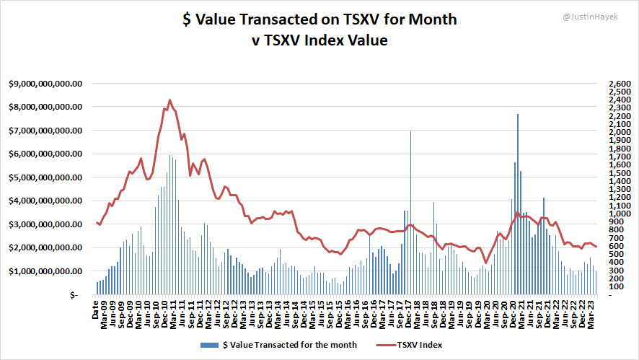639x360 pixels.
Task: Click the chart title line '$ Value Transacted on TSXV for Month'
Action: click(x=319, y=19)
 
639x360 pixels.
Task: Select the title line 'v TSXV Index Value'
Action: click(x=319, y=40)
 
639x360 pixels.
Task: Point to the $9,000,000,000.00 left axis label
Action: click(x=45, y=84)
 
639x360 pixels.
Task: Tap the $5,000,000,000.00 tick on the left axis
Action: click(x=45, y=177)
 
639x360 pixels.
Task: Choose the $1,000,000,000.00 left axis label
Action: click(x=45, y=271)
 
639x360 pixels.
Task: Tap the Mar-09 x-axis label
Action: click(x=105, y=315)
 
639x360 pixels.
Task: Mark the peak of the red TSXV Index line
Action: click(x=169, y=100)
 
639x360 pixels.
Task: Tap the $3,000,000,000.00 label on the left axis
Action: click(x=45, y=224)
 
